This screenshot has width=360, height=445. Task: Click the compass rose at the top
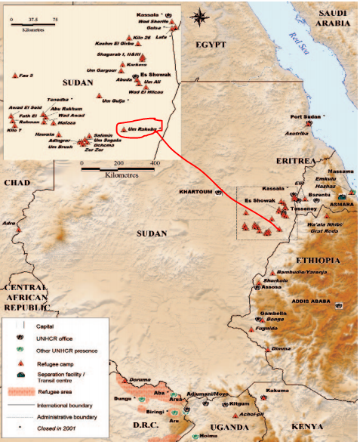(x=199, y=17)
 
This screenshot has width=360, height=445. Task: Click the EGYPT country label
(x=211, y=45)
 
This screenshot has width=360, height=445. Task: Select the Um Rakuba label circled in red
(x=142, y=129)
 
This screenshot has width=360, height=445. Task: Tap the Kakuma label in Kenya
(x=278, y=391)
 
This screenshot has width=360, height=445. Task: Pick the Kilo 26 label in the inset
(x=142, y=37)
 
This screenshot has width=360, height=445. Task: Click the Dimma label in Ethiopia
(x=280, y=348)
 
